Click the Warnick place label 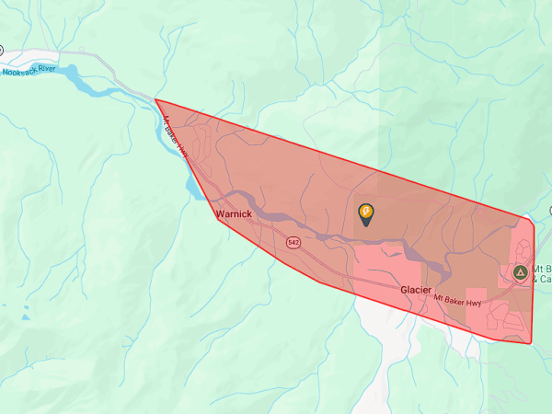pos(234,213)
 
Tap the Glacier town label pos(416,289)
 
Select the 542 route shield pos(293,243)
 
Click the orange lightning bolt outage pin pos(366,214)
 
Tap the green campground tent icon pos(520,272)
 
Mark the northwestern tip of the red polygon pos(155,99)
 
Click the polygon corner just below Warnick pos(218,220)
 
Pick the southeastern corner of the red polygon pos(532,344)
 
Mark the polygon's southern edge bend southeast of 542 pos(320,282)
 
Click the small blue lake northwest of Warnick pos(194,187)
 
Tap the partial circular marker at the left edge pos(2,50)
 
